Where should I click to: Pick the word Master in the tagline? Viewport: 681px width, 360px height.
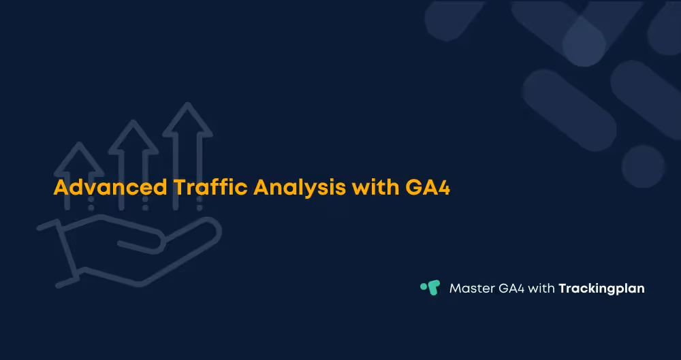[x=471, y=288]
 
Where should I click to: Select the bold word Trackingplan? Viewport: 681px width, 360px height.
[x=601, y=289]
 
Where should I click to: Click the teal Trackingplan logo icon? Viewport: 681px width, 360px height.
[x=430, y=288]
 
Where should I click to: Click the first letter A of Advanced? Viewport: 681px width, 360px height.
[x=61, y=188]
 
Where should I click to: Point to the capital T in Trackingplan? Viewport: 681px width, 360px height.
[x=563, y=288]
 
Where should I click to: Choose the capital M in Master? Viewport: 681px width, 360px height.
[x=455, y=288]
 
